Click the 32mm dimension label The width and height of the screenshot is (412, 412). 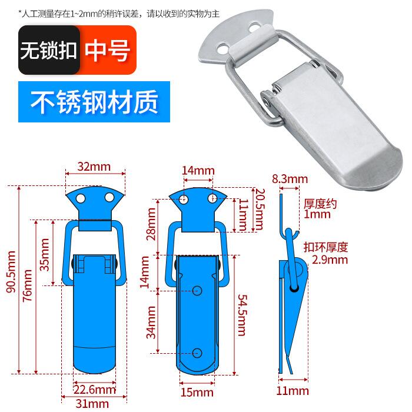(x=94, y=167)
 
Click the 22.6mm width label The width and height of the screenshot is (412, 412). (x=94, y=389)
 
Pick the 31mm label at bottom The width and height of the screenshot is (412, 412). (x=93, y=403)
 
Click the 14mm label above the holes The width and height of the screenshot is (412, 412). (x=198, y=171)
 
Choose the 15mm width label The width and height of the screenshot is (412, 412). (x=197, y=392)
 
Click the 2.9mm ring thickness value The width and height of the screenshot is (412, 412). (x=330, y=260)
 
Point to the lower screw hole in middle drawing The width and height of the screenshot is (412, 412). (x=197, y=352)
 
